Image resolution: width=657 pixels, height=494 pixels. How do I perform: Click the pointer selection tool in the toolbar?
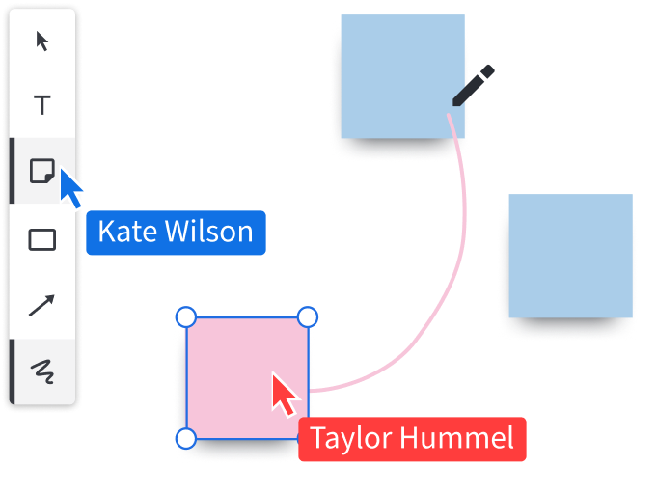42,41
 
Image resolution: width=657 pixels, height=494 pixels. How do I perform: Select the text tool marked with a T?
42,105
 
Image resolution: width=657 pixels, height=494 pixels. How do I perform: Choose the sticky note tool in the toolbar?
41,172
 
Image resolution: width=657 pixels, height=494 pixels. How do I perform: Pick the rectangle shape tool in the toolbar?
42,238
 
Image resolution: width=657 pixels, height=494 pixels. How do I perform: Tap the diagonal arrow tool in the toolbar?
42,306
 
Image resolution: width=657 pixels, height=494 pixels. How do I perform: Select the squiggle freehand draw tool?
42,370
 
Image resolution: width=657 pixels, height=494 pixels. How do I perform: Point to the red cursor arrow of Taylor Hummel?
283,395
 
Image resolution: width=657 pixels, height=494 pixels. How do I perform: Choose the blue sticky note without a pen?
570,257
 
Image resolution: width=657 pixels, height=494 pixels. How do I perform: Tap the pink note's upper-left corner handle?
186,316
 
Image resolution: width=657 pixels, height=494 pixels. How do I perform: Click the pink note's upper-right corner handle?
307,316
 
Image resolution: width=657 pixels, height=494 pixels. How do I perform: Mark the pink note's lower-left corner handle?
186,439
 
